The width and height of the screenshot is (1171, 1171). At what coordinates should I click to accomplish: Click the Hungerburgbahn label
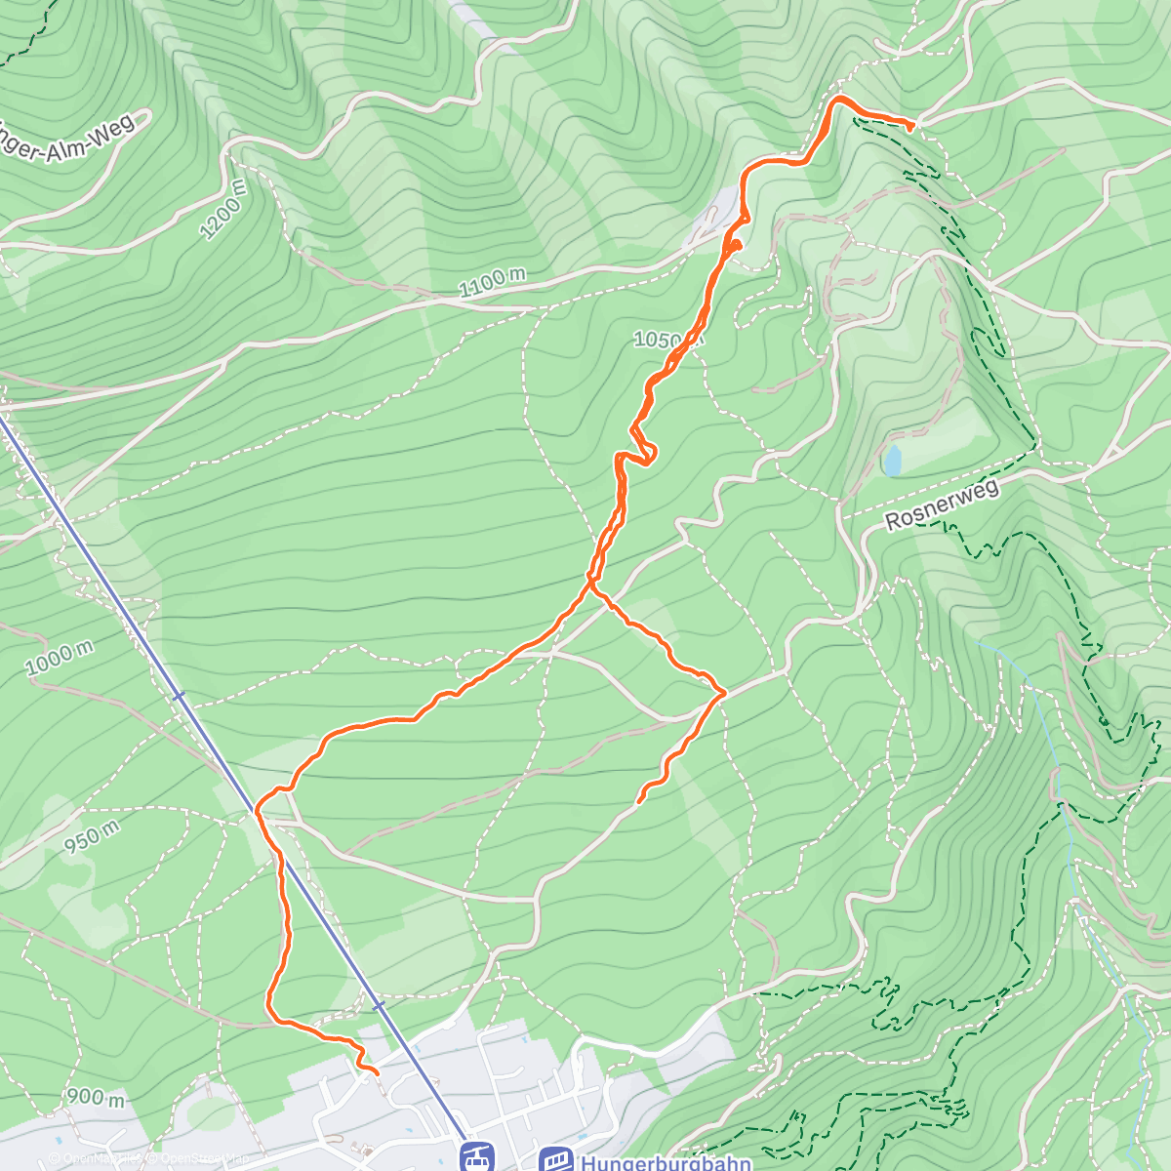pos(666,1162)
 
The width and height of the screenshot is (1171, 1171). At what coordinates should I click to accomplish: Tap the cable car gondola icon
pos(475,1158)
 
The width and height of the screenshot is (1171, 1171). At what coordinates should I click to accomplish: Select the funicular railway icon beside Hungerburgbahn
pos(555,1159)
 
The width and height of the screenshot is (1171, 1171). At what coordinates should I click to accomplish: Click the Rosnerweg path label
pos(943,505)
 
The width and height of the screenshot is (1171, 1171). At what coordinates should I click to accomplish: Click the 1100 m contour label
pos(492,282)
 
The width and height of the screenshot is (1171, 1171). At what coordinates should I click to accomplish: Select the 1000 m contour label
pos(60,660)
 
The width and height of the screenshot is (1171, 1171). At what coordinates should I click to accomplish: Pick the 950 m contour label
pos(92,837)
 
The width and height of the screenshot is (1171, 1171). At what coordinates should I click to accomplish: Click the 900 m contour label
pos(96,1097)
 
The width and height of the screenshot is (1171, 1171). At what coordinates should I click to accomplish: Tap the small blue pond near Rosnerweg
pos(892,461)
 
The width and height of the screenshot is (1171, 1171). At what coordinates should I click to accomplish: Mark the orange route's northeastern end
pos(912,126)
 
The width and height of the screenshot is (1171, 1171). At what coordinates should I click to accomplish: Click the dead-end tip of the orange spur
pos(638,802)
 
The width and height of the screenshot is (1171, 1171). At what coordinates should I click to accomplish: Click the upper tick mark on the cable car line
pos(178,696)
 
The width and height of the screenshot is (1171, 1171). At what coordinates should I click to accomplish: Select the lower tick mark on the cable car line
pos(379,1004)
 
